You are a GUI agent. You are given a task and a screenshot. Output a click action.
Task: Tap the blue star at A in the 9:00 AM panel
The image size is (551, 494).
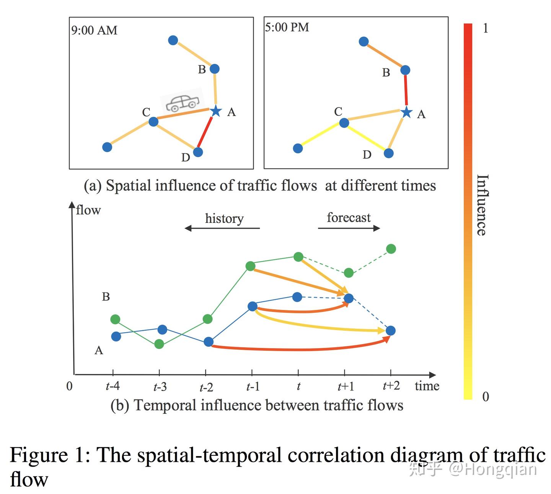click(216, 111)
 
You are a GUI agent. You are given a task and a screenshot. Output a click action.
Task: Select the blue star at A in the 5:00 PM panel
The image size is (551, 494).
click(406, 112)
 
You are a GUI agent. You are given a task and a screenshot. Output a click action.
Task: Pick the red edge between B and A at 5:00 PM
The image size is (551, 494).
click(406, 90)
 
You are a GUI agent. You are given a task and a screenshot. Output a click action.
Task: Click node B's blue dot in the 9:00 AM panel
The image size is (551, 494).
click(214, 69)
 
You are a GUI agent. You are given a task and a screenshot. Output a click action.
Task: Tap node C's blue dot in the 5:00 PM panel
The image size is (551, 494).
click(344, 123)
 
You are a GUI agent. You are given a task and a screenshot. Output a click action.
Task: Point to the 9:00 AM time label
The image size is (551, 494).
click(95, 31)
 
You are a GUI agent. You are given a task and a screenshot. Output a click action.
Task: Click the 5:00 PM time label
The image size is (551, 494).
click(287, 27)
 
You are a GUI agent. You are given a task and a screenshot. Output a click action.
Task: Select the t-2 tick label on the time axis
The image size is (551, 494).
click(206, 387)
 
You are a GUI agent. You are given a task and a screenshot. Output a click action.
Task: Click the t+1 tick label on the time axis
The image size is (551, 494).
click(346, 387)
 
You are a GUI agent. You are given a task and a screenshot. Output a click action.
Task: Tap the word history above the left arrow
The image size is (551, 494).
click(224, 219)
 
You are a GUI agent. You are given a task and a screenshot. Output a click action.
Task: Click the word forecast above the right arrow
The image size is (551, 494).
click(349, 218)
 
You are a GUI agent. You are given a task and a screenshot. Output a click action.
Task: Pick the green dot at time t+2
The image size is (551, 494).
click(391, 249)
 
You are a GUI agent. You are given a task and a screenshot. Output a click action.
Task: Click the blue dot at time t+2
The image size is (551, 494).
click(390, 331)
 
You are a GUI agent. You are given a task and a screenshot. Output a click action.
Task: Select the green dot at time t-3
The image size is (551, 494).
click(159, 344)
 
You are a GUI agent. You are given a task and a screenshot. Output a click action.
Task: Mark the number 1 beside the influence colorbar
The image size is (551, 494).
click(485, 28)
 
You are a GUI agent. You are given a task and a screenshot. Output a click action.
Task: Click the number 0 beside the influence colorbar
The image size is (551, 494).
click(485, 396)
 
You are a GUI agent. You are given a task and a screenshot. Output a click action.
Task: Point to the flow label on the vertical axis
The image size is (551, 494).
click(88, 210)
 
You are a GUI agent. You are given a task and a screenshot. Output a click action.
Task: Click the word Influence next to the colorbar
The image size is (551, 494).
click(483, 205)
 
